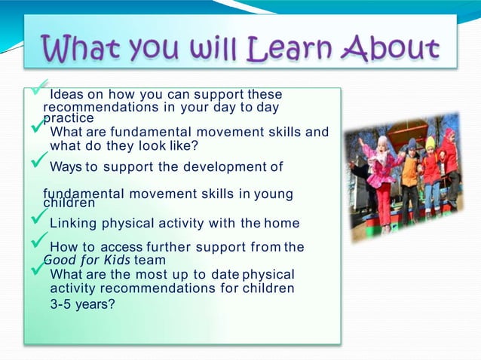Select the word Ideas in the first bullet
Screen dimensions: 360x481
coord(66,95)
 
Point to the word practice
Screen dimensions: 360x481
coord(69,118)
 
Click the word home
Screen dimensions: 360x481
coord(282,223)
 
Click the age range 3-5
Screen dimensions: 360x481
coord(63,306)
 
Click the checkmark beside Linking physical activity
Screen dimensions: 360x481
coord(38,218)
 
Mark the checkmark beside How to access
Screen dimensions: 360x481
coord(38,243)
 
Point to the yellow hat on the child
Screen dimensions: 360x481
coord(430,142)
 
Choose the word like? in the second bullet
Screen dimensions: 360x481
coord(180,146)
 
